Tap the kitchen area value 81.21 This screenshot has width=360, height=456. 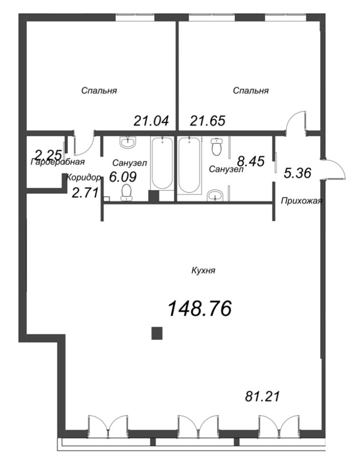pyautogui.click(x=262, y=396)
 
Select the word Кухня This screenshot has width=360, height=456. pyautogui.click(x=203, y=271)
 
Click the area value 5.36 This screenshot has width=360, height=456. pyautogui.click(x=297, y=174)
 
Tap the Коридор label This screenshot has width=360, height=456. pyautogui.click(x=84, y=177)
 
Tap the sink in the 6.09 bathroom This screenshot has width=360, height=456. pyautogui.click(x=128, y=142)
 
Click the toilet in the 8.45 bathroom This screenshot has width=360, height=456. pyautogui.click(x=216, y=147)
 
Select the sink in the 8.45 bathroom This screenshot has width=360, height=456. pyautogui.click(x=215, y=196)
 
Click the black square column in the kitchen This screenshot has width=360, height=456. pyautogui.click(x=157, y=333)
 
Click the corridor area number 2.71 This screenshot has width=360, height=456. pyautogui.click(x=84, y=194)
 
